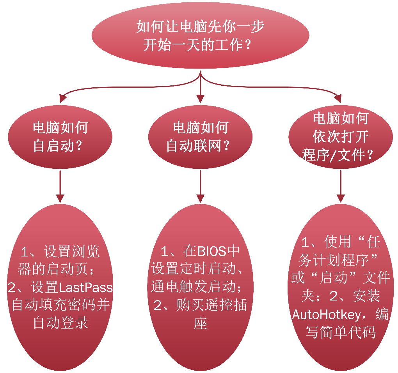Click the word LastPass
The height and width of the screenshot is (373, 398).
[x=85, y=288]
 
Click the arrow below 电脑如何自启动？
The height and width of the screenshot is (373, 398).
[x=60, y=183]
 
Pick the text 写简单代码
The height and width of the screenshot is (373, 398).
[x=340, y=332]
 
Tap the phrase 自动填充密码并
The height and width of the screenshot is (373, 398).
[x=60, y=305]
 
